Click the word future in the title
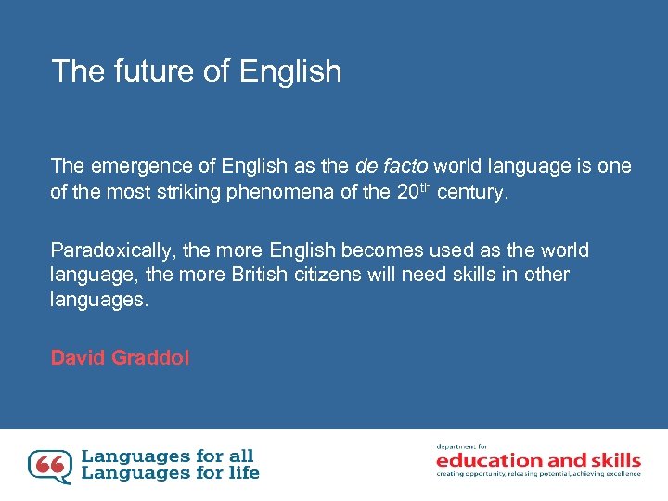pyautogui.click(x=145, y=71)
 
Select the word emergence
pyautogui.click(x=129, y=167)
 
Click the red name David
pyautogui.click(x=78, y=358)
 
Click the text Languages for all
pyautogui.click(x=167, y=456)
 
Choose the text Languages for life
pyautogui.click(x=171, y=473)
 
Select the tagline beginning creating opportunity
pyautogui.click(x=538, y=474)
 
